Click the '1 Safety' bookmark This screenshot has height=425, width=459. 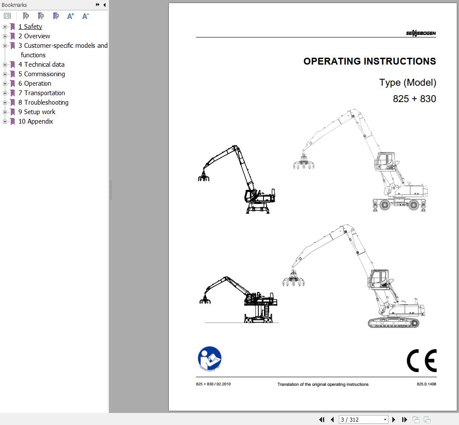click(30, 27)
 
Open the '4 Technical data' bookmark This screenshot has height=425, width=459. click(41, 65)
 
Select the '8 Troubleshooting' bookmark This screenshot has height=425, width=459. click(43, 102)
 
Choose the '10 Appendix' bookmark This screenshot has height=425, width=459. click(36, 121)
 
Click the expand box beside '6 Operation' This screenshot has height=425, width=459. click(5, 84)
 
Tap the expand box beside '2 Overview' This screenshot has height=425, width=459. click(5, 36)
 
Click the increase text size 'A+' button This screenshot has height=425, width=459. click(70, 16)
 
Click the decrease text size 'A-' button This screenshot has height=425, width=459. click(85, 16)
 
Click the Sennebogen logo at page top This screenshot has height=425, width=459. click(421, 33)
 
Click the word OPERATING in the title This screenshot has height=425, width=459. click(332, 61)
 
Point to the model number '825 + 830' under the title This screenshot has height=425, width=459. click(414, 99)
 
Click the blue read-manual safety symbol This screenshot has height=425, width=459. click(210, 359)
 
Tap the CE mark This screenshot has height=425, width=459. click(422, 360)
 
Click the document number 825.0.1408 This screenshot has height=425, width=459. click(426, 384)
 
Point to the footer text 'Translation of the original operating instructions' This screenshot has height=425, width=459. click(323, 385)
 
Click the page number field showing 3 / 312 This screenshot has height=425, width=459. click(363, 419)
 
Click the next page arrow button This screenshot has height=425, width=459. click(394, 419)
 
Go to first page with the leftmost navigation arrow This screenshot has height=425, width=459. click(322, 419)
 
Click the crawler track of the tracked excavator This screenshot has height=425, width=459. click(394, 323)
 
